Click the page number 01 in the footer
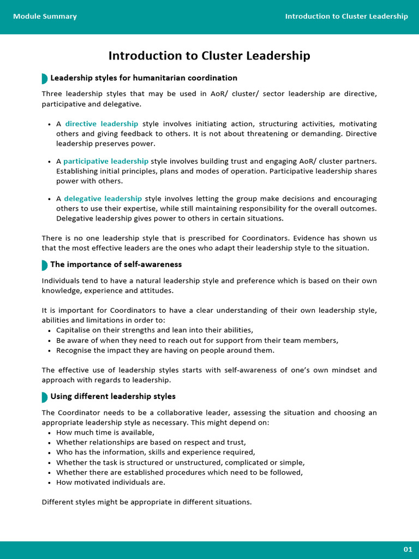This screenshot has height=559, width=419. pyautogui.click(x=408, y=549)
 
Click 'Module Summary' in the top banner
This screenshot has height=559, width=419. pyautogui.click(x=45, y=16)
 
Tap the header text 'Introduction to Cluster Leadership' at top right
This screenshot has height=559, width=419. pyautogui.click(x=346, y=16)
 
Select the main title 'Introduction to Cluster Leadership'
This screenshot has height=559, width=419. pyautogui.click(x=209, y=56)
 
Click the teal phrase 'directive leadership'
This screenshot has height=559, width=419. pyautogui.click(x=101, y=124)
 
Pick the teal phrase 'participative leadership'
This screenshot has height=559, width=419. pyautogui.click(x=106, y=161)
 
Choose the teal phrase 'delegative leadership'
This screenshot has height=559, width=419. pyautogui.click(x=103, y=199)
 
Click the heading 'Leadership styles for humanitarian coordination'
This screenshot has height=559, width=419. pyautogui.click(x=143, y=78)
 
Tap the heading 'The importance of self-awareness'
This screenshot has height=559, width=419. pyautogui.click(x=116, y=265)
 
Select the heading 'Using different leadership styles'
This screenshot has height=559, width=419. pyautogui.click(x=113, y=396)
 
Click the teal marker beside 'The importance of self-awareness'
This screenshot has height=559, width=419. pyautogui.click(x=44, y=265)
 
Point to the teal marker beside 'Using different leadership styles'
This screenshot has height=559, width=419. pyautogui.click(x=44, y=397)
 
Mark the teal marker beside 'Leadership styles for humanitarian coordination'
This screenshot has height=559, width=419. pyautogui.click(x=44, y=79)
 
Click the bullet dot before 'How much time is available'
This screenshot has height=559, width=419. pyautogui.click(x=50, y=433)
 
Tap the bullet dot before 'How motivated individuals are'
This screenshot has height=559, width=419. pyautogui.click(x=50, y=483)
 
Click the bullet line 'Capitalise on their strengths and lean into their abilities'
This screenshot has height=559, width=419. pyautogui.click(x=154, y=330)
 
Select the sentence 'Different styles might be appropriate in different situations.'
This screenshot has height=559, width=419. pyautogui.click(x=147, y=502)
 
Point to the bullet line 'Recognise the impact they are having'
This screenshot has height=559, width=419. pyautogui.click(x=165, y=350)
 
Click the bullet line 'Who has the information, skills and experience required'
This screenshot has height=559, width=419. pyautogui.click(x=155, y=453)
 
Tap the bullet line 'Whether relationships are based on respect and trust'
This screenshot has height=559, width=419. pyautogui.click(x=151, y=443)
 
